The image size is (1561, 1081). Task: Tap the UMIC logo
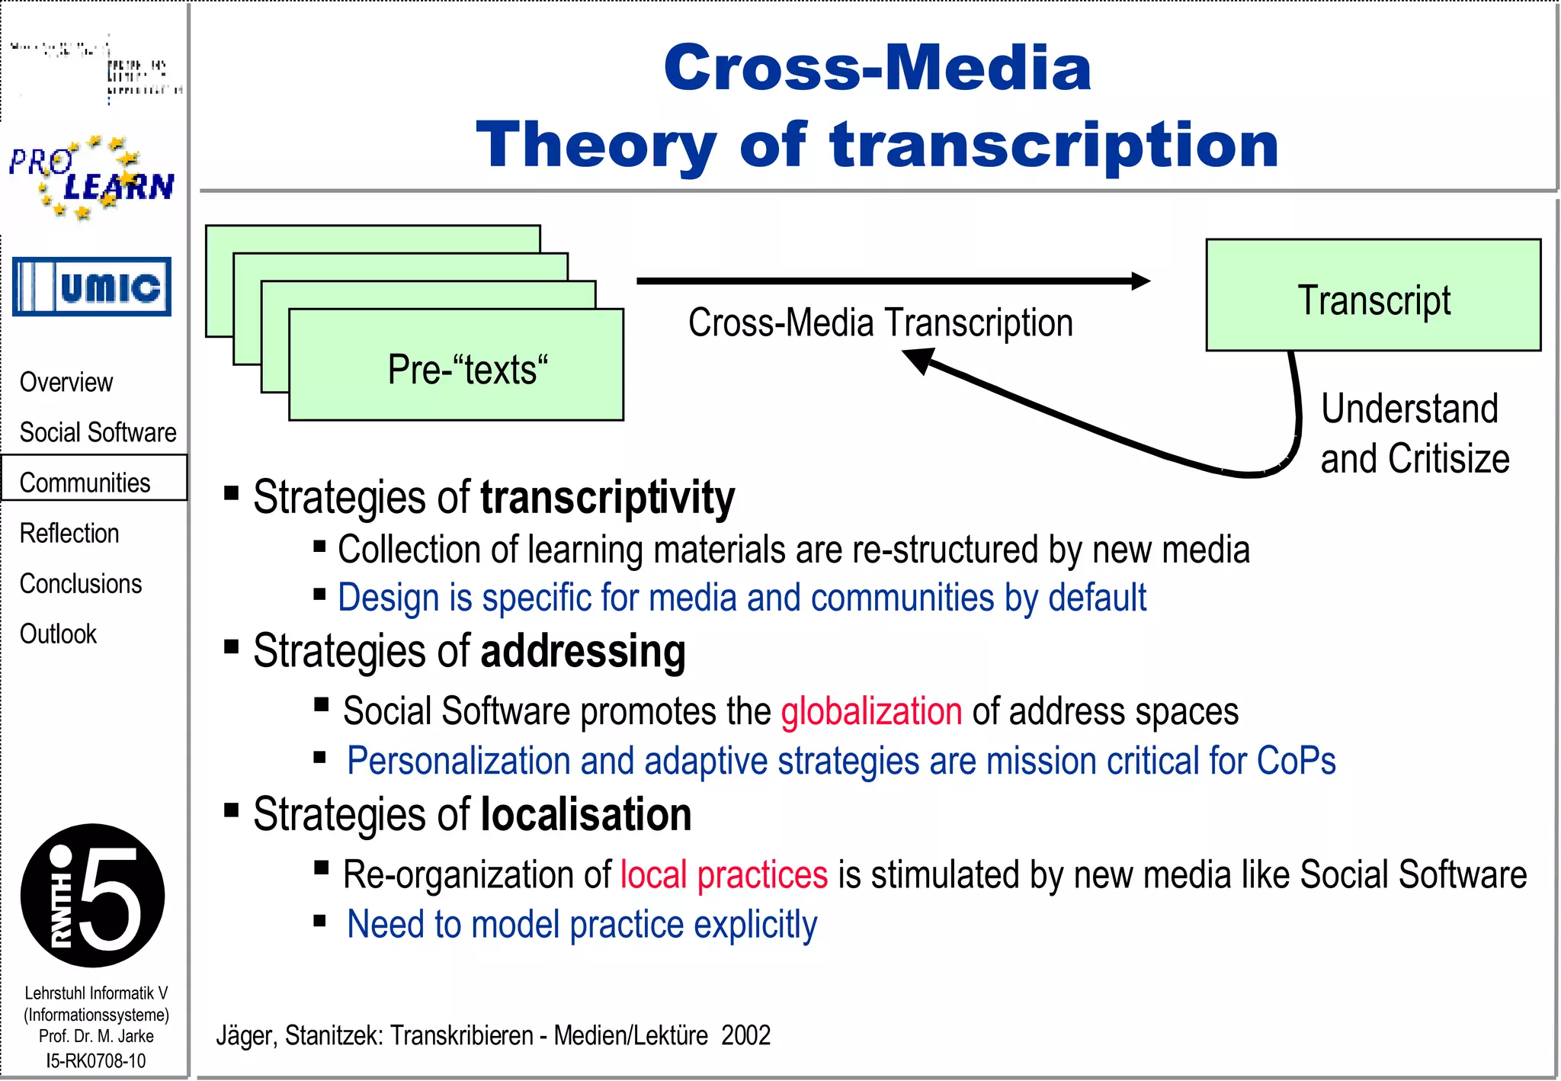[91, 287]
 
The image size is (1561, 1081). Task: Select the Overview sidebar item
[66, 382]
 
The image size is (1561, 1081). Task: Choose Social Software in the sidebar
[98, 432]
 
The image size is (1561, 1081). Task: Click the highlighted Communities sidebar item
[85, 483]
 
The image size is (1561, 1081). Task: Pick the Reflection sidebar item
[69, 533]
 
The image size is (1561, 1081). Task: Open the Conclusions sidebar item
[81, 583]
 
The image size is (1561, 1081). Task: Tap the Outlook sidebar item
[58, 634]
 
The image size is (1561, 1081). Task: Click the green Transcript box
[1373, 296]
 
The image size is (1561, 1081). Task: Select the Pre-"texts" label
[467, 370]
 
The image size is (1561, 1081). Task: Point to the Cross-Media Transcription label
[880, 322]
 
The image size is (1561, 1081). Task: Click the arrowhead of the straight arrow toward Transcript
[1140, 281]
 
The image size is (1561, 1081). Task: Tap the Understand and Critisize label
[1415, 433]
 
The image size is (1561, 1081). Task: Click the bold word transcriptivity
[607, 498]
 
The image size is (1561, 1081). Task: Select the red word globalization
[871, 711]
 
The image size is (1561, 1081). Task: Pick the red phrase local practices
[723, 874]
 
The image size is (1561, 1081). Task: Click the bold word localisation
[586, 814]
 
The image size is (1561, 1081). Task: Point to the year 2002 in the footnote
[745, 1035]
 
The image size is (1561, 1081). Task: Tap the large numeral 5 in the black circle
[111, 898]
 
